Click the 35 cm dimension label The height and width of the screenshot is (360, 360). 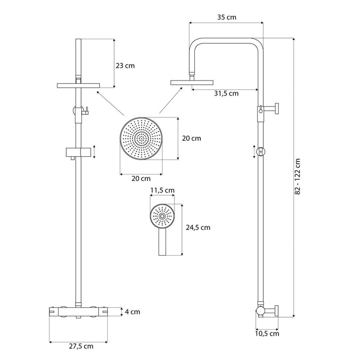[x=226, y=17]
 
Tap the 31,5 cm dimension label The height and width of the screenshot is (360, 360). [x=226, y=94]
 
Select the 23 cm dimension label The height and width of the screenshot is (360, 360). [x=125, y=66]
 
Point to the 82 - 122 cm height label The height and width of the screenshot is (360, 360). [x=297, y=176]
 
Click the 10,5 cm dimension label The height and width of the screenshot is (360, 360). [x=267, y=333]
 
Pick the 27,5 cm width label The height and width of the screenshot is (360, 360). [x=81, y=346]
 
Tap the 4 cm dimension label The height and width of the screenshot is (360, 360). [x=132, y=312]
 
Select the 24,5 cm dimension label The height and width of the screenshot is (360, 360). [x=198, y=228]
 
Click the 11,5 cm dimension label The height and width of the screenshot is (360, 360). [x=162, y=190]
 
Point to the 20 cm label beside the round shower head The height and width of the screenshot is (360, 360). [x=192, y=138]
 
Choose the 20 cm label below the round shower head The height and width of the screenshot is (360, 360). [x=141, y=179]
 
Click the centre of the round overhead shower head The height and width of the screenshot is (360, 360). [x=141, y=139]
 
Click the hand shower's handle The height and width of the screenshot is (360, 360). [x=162, y=242]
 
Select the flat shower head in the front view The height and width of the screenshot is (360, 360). [x=78, y=85]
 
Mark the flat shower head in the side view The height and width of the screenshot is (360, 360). [x=192, y=82]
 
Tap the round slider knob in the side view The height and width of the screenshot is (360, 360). [x=261, y=152]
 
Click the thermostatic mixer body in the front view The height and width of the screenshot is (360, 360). [x=78, y=312]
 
